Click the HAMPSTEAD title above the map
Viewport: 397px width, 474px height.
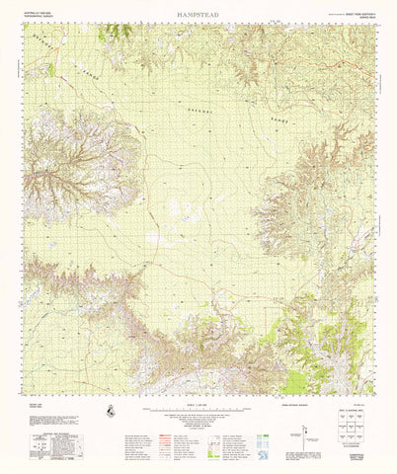[198, 16]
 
